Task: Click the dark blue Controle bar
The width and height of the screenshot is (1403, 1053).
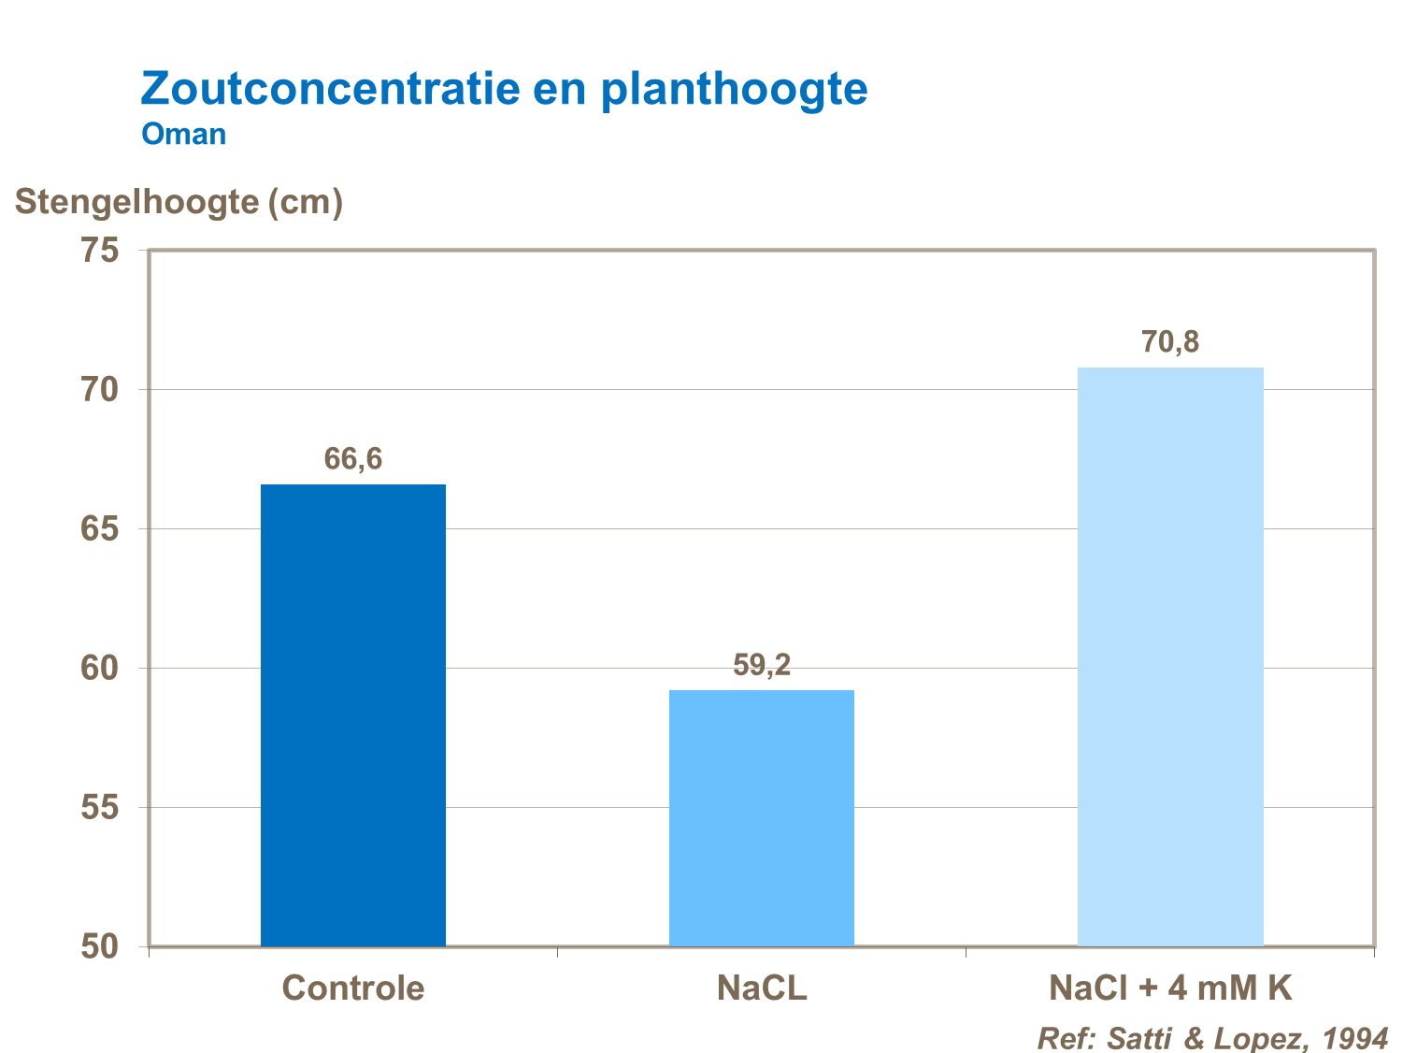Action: click(x=353, y=715)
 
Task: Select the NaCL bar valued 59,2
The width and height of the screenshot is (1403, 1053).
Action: click(x=762, y=818)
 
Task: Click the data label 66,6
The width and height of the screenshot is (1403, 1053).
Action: click(x=353, y=459)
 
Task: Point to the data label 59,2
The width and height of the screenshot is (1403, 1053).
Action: click(x=762, y=665)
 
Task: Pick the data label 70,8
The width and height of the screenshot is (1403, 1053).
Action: click(x=1170, y=342)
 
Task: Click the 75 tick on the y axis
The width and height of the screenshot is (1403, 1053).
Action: click(x=100, y=251)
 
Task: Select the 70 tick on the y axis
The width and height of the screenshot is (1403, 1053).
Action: click(x=100, y=390)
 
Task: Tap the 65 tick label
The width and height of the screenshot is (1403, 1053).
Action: click(x=100, y=529)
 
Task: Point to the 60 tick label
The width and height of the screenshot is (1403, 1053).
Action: click(x=100, y=669)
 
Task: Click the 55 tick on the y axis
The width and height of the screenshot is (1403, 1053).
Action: click(x=100, y=808)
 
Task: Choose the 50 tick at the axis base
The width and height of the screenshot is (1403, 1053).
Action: click(x=100, y=946)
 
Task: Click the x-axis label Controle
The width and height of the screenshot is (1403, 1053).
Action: click(x=353, y=988)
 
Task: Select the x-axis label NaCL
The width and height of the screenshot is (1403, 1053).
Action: click(x=762, y=988)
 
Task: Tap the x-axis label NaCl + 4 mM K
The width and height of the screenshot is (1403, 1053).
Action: click(x=1170, y=988)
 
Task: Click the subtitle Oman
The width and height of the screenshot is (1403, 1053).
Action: click(x=184, y=135)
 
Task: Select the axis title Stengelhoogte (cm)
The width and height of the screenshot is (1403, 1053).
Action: click(x=179, y=202)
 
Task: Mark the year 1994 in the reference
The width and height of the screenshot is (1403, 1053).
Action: click(x=1355, y=1038)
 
